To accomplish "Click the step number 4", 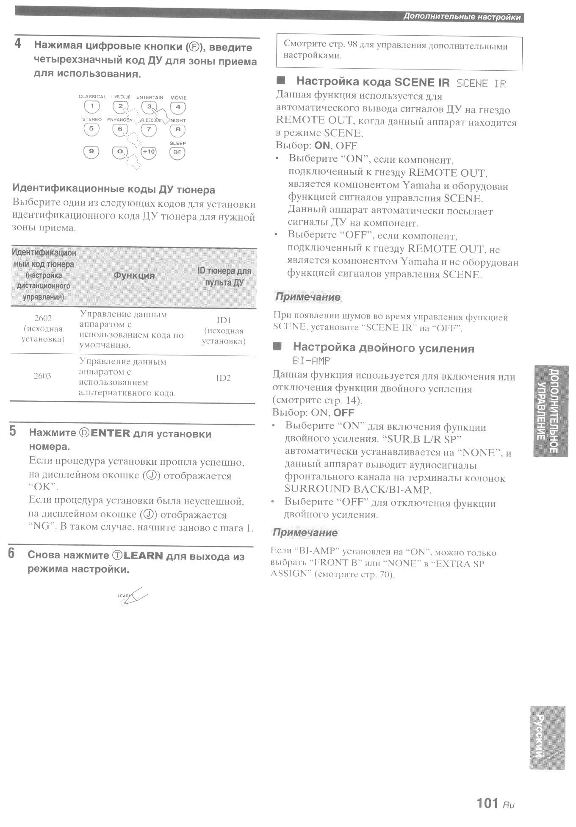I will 18,44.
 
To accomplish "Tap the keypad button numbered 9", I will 91,152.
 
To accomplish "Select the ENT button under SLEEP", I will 177,153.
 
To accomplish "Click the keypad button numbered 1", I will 92,106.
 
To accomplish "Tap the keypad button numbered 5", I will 91,129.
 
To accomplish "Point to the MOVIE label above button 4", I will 178,98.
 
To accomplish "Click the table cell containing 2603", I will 42,376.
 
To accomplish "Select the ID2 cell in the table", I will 223,378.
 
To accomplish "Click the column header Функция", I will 134,275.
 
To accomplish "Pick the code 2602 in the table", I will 43,319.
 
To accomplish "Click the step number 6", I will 11,553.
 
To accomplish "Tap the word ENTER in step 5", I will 110,433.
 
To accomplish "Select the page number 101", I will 487,803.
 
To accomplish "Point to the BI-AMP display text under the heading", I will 311,361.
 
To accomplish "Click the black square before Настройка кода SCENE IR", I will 280,81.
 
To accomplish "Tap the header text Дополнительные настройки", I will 462,17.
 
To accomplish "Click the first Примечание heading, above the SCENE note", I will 308,297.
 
